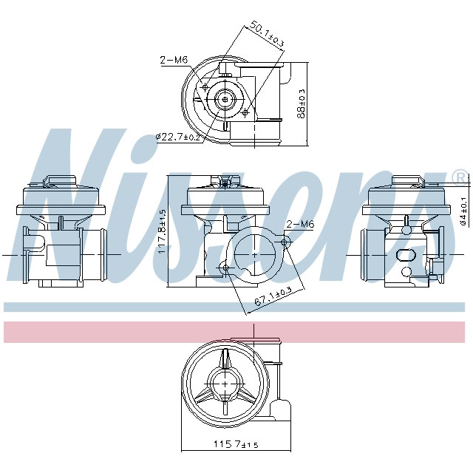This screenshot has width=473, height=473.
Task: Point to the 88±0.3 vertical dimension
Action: coord(301,103)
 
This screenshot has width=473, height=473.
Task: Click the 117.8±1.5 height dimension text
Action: coord(163,231)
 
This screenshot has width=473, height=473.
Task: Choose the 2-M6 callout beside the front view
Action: coord(300,224)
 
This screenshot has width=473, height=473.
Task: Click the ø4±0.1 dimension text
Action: coord(463,211)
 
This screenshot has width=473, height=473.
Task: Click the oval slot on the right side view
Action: coord(407,255)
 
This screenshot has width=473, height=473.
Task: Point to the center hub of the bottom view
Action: coord(224,384)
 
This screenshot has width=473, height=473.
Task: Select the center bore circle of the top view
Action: coord(225,99)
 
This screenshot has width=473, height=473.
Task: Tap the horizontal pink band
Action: coord(236,332)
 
